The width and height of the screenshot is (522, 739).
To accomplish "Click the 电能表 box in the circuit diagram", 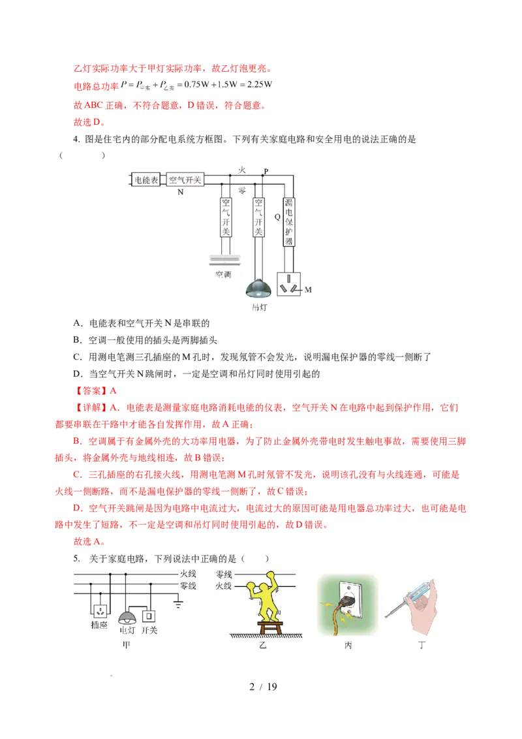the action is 147,180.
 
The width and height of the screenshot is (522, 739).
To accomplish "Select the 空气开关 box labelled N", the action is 185,180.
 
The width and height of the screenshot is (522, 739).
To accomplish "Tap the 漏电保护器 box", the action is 288,221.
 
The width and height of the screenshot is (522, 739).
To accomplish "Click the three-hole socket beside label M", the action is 289,284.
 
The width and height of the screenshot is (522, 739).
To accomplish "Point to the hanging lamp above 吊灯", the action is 258,289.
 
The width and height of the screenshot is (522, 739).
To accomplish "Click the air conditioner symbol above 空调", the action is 224,260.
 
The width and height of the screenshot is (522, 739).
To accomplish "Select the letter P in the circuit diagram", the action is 266,171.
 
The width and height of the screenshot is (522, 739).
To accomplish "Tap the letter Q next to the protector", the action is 277,217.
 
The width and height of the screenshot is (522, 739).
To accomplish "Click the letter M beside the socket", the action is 308,289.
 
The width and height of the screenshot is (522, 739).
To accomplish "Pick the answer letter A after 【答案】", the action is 113,390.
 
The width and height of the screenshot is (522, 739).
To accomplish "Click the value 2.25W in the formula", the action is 260,84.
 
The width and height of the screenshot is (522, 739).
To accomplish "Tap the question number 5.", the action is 76,558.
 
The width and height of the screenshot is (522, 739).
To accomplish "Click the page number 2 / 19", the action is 263,687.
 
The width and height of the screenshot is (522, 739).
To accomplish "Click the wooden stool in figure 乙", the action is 269,627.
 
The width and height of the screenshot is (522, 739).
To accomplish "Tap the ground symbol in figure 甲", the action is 177,603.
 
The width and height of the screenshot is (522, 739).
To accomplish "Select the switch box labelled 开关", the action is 148,616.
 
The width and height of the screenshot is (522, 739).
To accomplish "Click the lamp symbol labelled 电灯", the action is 127,617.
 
